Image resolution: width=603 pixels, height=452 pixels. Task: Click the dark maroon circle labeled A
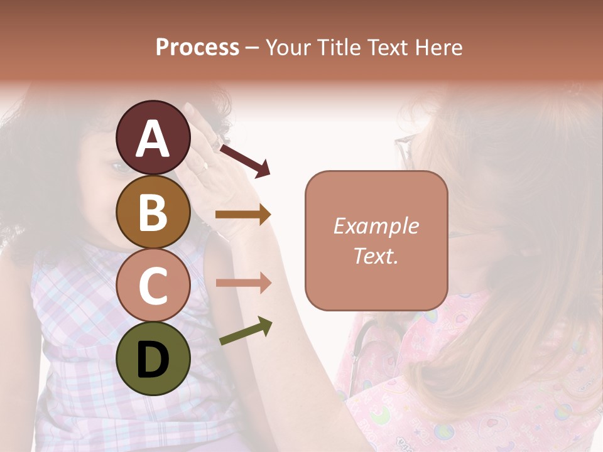[153, 138]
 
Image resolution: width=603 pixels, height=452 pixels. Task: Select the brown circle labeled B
[153, 212]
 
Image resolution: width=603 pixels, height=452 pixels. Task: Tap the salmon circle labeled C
[153, 285]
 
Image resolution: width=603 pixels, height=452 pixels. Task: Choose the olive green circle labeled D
[153, 358]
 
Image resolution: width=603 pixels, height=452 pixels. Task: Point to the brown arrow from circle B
[243, 215]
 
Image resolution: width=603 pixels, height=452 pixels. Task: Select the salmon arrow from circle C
[243, 283]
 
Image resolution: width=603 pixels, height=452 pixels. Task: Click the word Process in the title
[197, 47]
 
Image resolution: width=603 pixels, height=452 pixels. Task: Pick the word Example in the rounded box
[376, 226]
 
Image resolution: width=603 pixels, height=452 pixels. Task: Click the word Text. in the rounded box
[376, 256]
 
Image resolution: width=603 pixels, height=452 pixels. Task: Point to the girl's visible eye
[118, 167]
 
